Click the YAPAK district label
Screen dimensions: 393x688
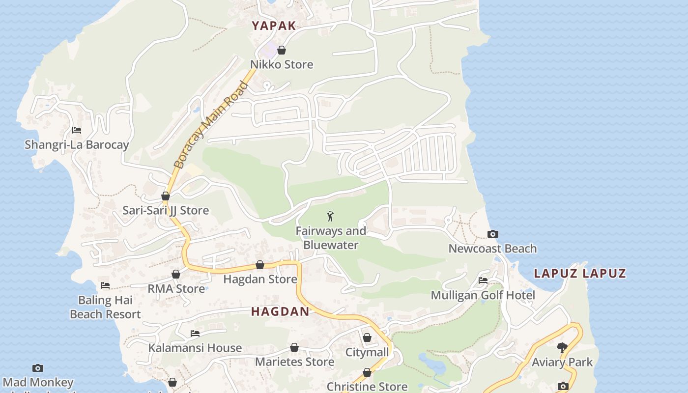point(274,26)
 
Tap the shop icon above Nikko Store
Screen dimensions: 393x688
point(282,50)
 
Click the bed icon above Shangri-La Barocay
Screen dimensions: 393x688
point(77,130)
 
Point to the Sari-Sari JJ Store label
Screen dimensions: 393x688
point(166,211)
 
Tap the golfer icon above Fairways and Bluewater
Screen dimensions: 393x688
point(331,216)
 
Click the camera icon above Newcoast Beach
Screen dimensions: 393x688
point(492,234)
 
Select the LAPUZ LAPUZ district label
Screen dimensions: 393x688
point(580,274)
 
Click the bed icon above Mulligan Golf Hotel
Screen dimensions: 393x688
point(483,281)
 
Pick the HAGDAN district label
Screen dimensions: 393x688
point(280,311)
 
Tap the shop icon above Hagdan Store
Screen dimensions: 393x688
point(260,265)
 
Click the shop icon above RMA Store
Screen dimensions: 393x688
point(176,274)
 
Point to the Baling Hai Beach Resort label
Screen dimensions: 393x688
point(105,307)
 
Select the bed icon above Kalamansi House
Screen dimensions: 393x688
point(195,334)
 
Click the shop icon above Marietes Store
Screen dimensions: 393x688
point(294,348)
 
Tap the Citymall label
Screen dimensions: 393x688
point(367,352)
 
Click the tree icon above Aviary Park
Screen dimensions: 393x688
point(562,348)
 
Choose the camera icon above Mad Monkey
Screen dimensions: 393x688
point(38,368)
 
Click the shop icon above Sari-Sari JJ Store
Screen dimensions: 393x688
point(166,196)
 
